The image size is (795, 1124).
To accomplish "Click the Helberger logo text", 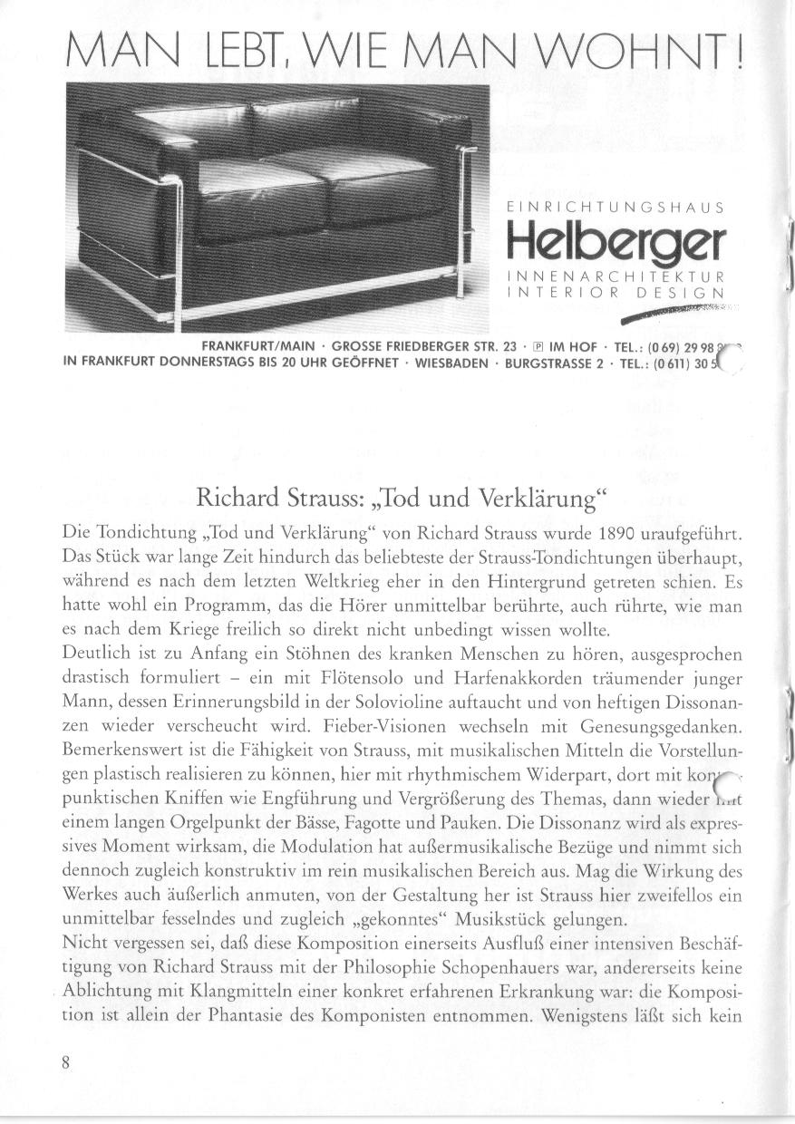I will pos(616,240).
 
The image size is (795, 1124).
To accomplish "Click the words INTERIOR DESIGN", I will pos(616,292).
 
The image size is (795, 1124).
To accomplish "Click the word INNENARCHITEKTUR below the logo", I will pos(616,276).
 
